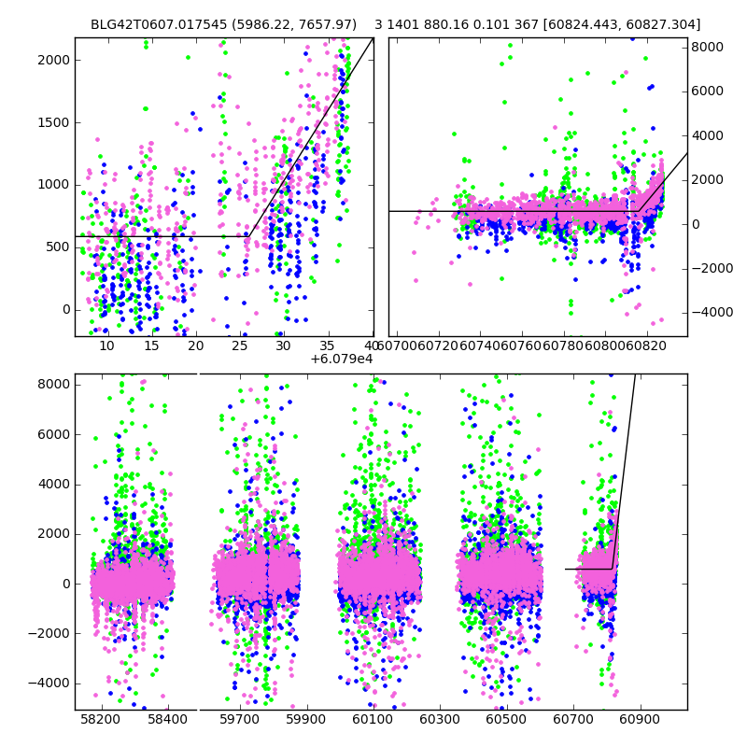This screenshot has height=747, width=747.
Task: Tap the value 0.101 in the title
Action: [x=493, y=24]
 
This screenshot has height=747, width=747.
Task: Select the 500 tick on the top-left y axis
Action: [x=59, y=247]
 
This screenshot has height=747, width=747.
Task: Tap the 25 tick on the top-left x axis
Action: [x=239, y=345]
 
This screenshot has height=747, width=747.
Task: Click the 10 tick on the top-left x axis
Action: [x=106, y=345]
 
